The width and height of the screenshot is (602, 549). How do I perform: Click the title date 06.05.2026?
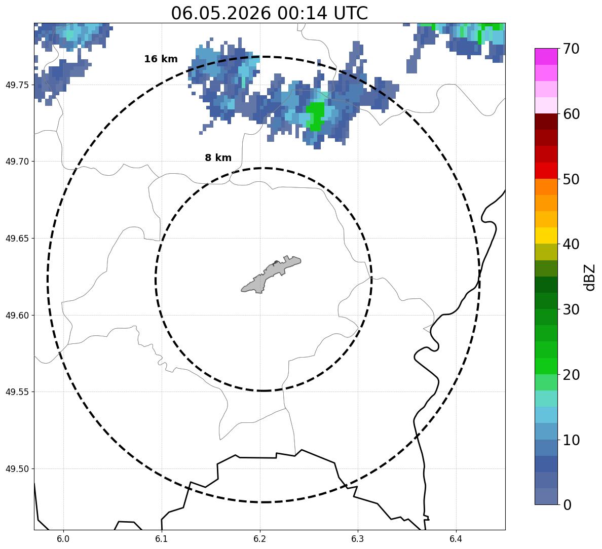221,13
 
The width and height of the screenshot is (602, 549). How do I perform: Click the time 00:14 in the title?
302,13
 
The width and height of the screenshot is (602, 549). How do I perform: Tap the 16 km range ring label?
161,59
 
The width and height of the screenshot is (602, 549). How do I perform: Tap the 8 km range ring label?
218,158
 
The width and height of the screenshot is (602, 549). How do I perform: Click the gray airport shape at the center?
271,274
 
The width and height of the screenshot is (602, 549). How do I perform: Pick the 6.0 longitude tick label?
63,539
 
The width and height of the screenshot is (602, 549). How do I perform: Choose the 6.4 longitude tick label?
456,539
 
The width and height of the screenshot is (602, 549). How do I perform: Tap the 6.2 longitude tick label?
259,539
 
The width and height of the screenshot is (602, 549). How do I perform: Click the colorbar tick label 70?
571,49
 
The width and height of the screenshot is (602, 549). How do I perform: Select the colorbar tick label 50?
571,179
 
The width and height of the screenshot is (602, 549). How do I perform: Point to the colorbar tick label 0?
567,505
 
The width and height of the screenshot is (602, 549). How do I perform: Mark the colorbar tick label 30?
571,309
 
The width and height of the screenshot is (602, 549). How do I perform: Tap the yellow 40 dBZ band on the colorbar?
546,236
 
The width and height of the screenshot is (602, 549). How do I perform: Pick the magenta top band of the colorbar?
546,56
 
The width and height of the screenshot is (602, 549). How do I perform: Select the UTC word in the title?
351,13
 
